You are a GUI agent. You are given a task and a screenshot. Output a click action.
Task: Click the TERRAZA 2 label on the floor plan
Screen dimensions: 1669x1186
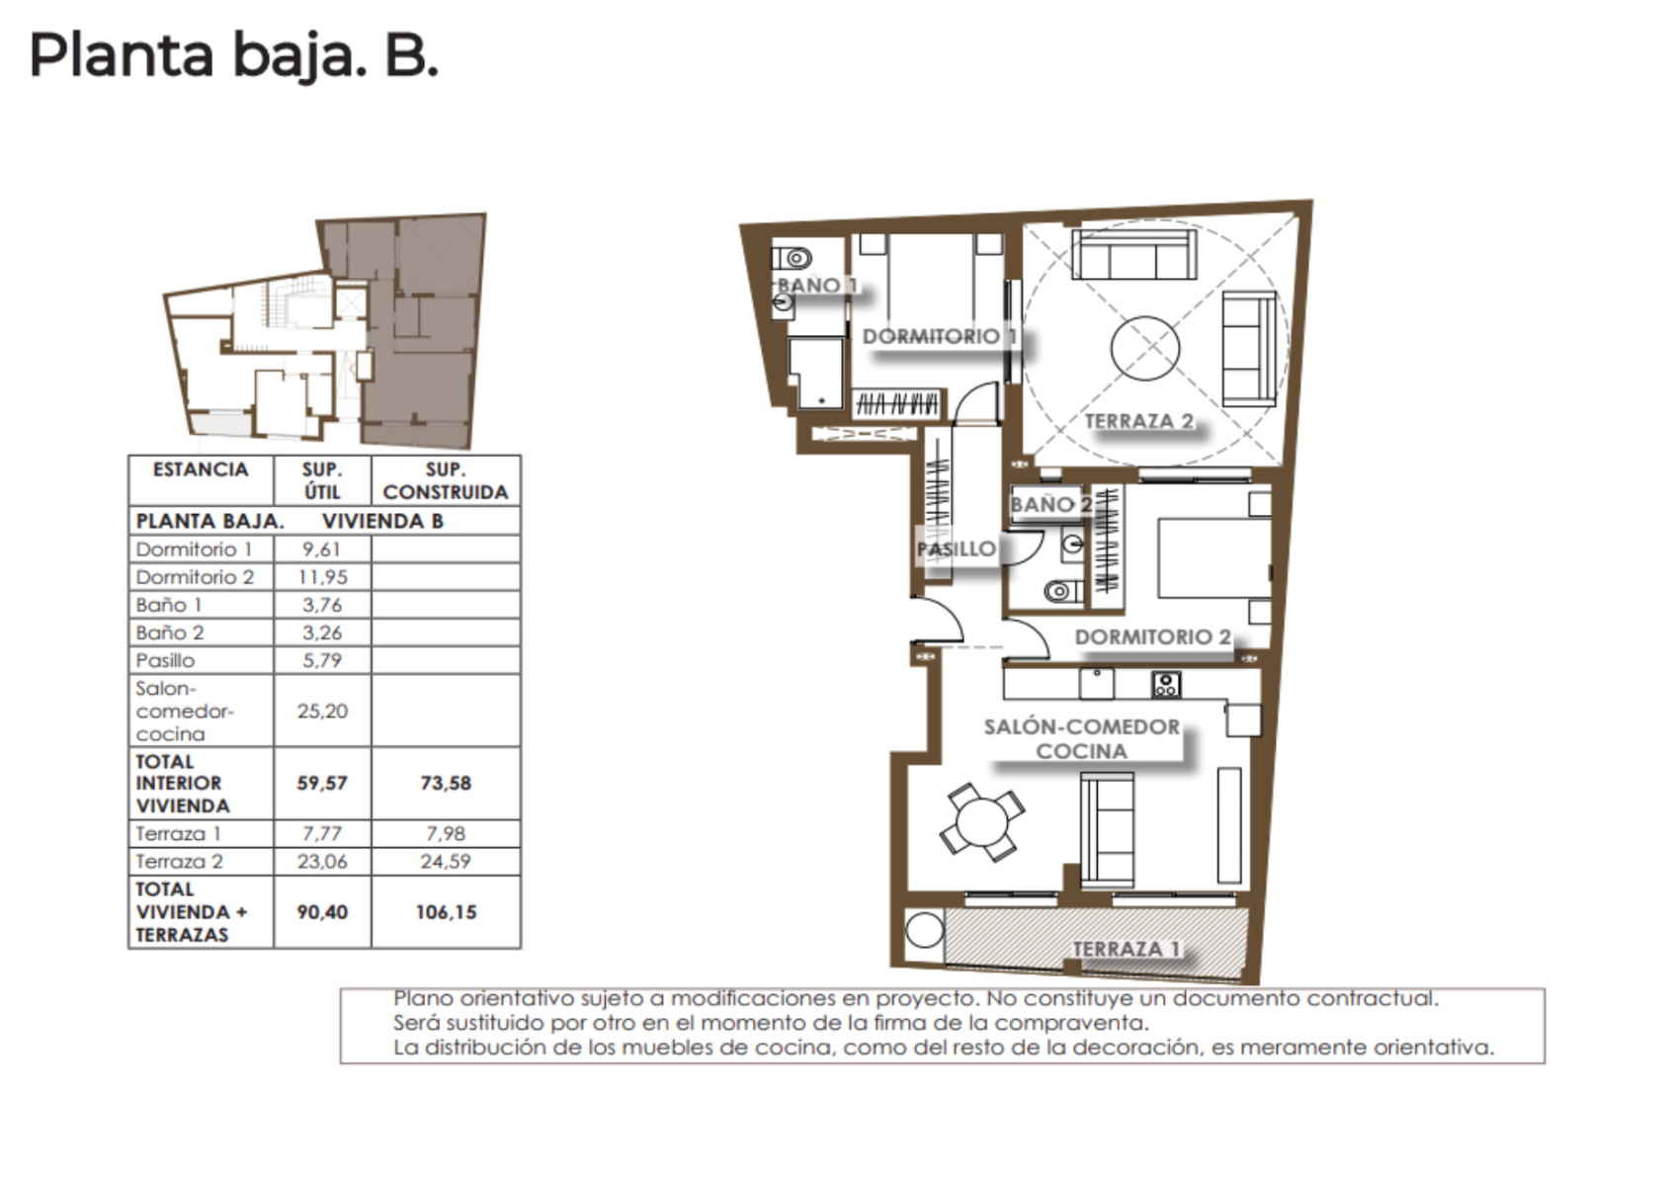pos(1139,421)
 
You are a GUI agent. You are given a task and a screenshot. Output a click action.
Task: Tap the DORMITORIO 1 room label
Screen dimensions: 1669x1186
pos(940,336)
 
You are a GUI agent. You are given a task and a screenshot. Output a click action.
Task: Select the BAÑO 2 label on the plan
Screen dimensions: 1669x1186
pos(1050,505)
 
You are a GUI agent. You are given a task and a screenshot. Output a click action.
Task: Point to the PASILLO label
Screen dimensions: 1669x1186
pos(957,550)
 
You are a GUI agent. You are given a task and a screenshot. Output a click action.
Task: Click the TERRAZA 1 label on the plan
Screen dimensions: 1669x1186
pos(1127,949)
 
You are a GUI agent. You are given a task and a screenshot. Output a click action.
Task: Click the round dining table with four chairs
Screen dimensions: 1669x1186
pos(982,822)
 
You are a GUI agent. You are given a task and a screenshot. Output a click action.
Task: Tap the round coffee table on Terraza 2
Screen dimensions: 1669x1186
pos(1145,349)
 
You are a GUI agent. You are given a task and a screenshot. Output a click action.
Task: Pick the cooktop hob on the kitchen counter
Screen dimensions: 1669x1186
pos(1166,684)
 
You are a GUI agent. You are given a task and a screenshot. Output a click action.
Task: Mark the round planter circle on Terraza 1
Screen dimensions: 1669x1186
pos(925,930)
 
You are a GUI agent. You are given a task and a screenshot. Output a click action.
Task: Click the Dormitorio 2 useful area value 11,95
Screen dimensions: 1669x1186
pos(322,577)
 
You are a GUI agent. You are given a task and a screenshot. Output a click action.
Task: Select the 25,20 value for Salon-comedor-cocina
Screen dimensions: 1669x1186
pos(322,711)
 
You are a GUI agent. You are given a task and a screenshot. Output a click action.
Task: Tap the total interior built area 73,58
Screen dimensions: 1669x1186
pos(446,783)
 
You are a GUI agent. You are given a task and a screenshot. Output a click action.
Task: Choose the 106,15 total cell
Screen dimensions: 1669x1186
pos(446,911)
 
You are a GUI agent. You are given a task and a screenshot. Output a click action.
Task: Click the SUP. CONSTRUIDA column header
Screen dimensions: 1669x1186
pos(446,480)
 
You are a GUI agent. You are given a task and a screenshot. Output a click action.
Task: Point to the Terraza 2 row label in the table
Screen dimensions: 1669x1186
pos(179,862)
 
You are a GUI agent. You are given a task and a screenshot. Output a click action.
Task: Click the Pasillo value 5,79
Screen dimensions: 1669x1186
pos(322,660)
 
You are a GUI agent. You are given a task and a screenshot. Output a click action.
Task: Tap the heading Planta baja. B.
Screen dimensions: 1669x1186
pos(234,55)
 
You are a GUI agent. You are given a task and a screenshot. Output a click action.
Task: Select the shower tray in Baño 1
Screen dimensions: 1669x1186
pos(816,374)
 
